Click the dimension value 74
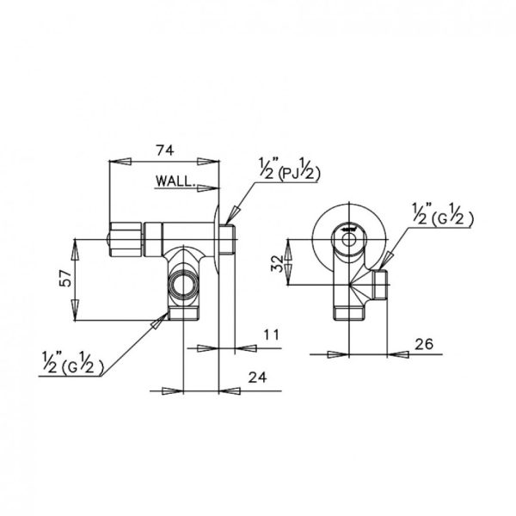pyautogui.click(x=164, y=150)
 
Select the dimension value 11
pyautogui.click(x=271, y=335)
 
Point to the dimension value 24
pyautogui.click(x=257, y=378)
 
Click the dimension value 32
pyautogui.click(x=277, y=264)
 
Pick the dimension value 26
pyautogui.click(x=424, y=344)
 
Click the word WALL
pyautogui.click(x=174, y=181)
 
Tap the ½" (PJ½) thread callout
pyautogui.click(x=289, y=169)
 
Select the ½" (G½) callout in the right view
pyautogui.click(x=443, y=214)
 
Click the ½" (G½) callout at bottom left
pyautogui.click(x=73, y=363)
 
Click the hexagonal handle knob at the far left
pyautogui.click(x=125, y=240)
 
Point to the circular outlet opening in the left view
pyautogui.click(x=183, y=283)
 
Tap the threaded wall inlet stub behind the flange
pyautogui.click(x=227, y=239)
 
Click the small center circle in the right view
pyautogui.click(x=348, y=239)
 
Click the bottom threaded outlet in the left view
pyautogui.click(x=183, y=313)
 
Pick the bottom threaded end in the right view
pyautogui.click(x=348, y=313)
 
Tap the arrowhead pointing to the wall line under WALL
pyautogui.click(x=208, y=187)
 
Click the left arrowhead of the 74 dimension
pyautogui.click(x=120, y=162)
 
